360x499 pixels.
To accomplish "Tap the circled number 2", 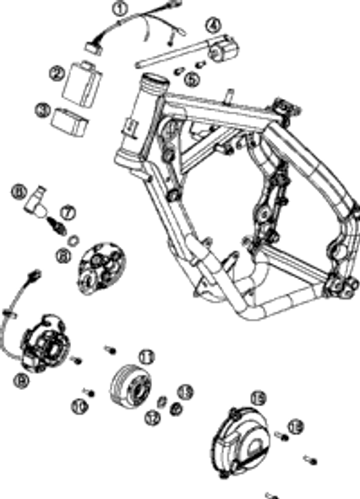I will (57, 73).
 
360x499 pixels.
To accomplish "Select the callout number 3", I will (42, 109).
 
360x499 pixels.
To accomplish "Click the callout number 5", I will (191, 79).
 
